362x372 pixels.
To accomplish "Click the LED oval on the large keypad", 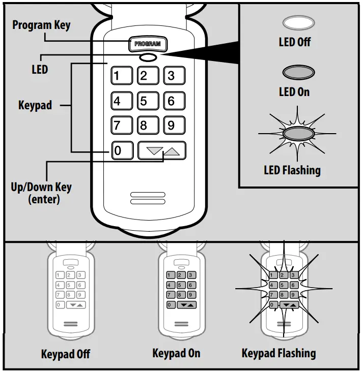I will tap(148, 57).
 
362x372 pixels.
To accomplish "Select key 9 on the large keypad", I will tap(174, 125).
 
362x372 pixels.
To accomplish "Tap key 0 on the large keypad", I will tap(121, 150).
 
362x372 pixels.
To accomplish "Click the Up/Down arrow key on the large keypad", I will tap(162, 150).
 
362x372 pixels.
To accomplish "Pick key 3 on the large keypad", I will tap(174, 76).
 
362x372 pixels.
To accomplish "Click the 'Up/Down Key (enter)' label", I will tap(41, 193).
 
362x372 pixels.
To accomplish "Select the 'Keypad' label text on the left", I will tap(35, 106).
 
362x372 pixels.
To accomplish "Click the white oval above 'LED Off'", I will tap(298, 23).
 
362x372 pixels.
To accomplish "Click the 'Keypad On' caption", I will tap(176, 353).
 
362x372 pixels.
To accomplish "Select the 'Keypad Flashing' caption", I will tap(279, 353).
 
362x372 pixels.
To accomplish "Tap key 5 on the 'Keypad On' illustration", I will tap(180, 285).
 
